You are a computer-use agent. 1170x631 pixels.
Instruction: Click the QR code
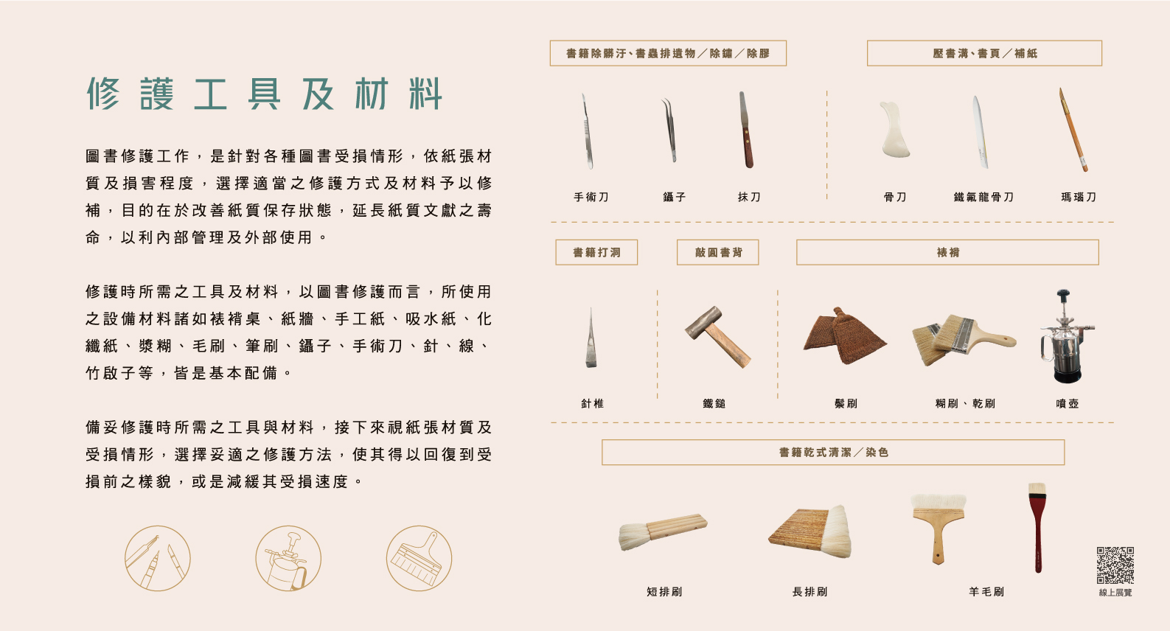pyautogui.click(x=1115, y=565)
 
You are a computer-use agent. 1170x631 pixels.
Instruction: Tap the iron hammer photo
pyautogui.click(x=717, y=336)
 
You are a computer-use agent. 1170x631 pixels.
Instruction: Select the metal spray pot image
pyautogui.click(x=1066, y=336)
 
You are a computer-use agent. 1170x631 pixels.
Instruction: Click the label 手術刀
pyautogui.click(x=591, y=197)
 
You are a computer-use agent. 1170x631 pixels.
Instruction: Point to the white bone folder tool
pyautogui.click(x=894, y=130)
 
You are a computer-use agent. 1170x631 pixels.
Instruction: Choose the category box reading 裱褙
pyautogui.click(x=947, y=252)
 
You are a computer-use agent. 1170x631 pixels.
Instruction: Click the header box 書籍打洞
pyautogui.click(x=596, y=252)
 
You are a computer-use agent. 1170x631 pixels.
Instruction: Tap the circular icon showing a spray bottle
pyautogui.click(x=288, y=558)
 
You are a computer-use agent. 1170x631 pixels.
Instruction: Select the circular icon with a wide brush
pyautogui.click(x=419, y=558)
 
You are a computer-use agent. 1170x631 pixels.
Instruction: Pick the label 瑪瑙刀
pyautogui.click(x=1079, y=197)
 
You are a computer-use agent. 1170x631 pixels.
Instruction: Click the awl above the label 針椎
pyautogui.click(x=591, y=338)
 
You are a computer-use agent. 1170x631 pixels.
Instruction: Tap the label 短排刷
pyautogui.click(x=664, y=592)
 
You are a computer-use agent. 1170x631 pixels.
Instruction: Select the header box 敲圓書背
pyautogui.click(x=718, y=252)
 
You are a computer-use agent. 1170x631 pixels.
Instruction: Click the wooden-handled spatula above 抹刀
pyautogui.click(x=746, y=130)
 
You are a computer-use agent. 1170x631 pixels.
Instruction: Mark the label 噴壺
pyautogui.click(x=1067, y=403)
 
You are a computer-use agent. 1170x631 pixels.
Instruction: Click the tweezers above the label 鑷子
pyautogui.click(x=670, y=130)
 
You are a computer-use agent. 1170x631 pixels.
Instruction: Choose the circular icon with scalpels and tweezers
pyautogui.click(x=158, y=558)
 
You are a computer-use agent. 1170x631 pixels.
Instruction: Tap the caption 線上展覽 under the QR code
pyautogui.click(x=1115, y=593)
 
